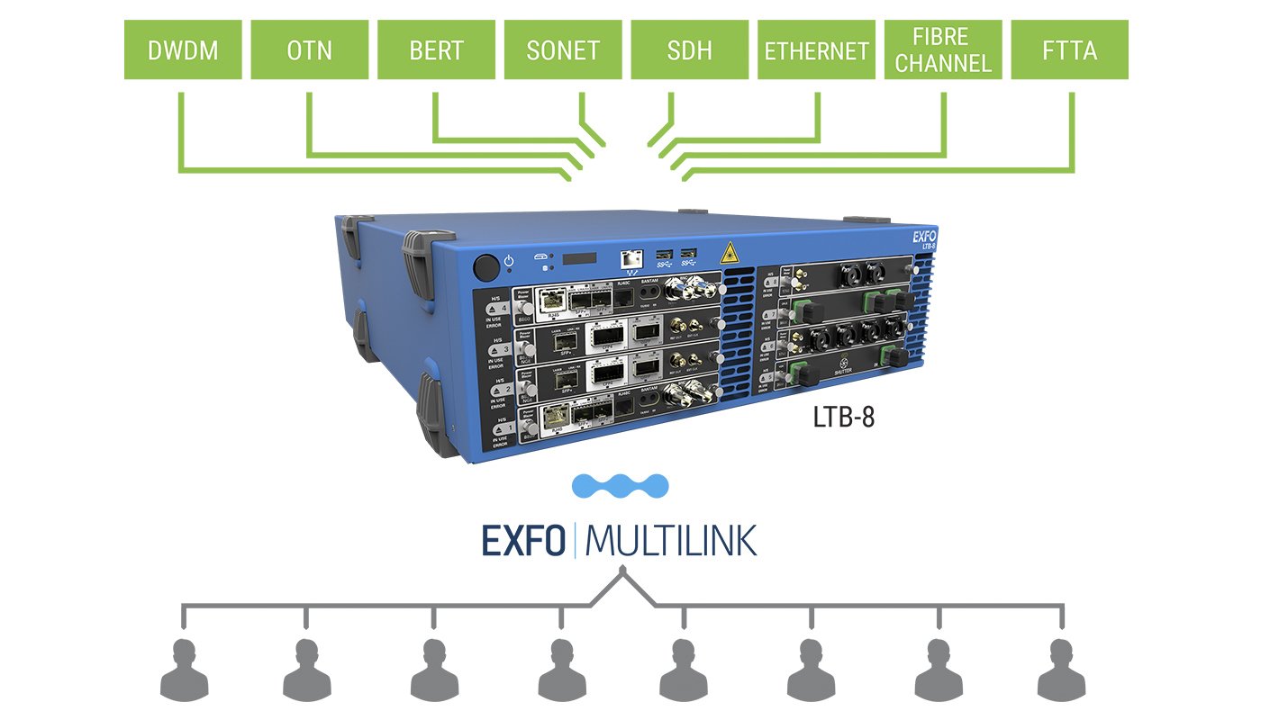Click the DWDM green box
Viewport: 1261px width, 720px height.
(x=183, y=50)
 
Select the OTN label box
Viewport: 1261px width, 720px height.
(x=309, y=50)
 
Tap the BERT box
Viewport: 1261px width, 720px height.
(x=436, y=50)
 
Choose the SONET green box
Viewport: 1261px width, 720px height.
(x=563, y=50)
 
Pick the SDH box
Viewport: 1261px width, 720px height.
(x=690, y=50)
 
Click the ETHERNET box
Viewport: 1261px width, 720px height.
(x=817, y=50)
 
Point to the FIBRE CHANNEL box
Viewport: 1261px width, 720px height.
(x=943, y=50)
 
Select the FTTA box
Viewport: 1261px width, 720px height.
(x=1070, y=50)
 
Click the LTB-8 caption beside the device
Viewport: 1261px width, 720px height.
(x=843, y=418)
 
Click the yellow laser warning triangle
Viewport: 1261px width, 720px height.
(x=727, y=251)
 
